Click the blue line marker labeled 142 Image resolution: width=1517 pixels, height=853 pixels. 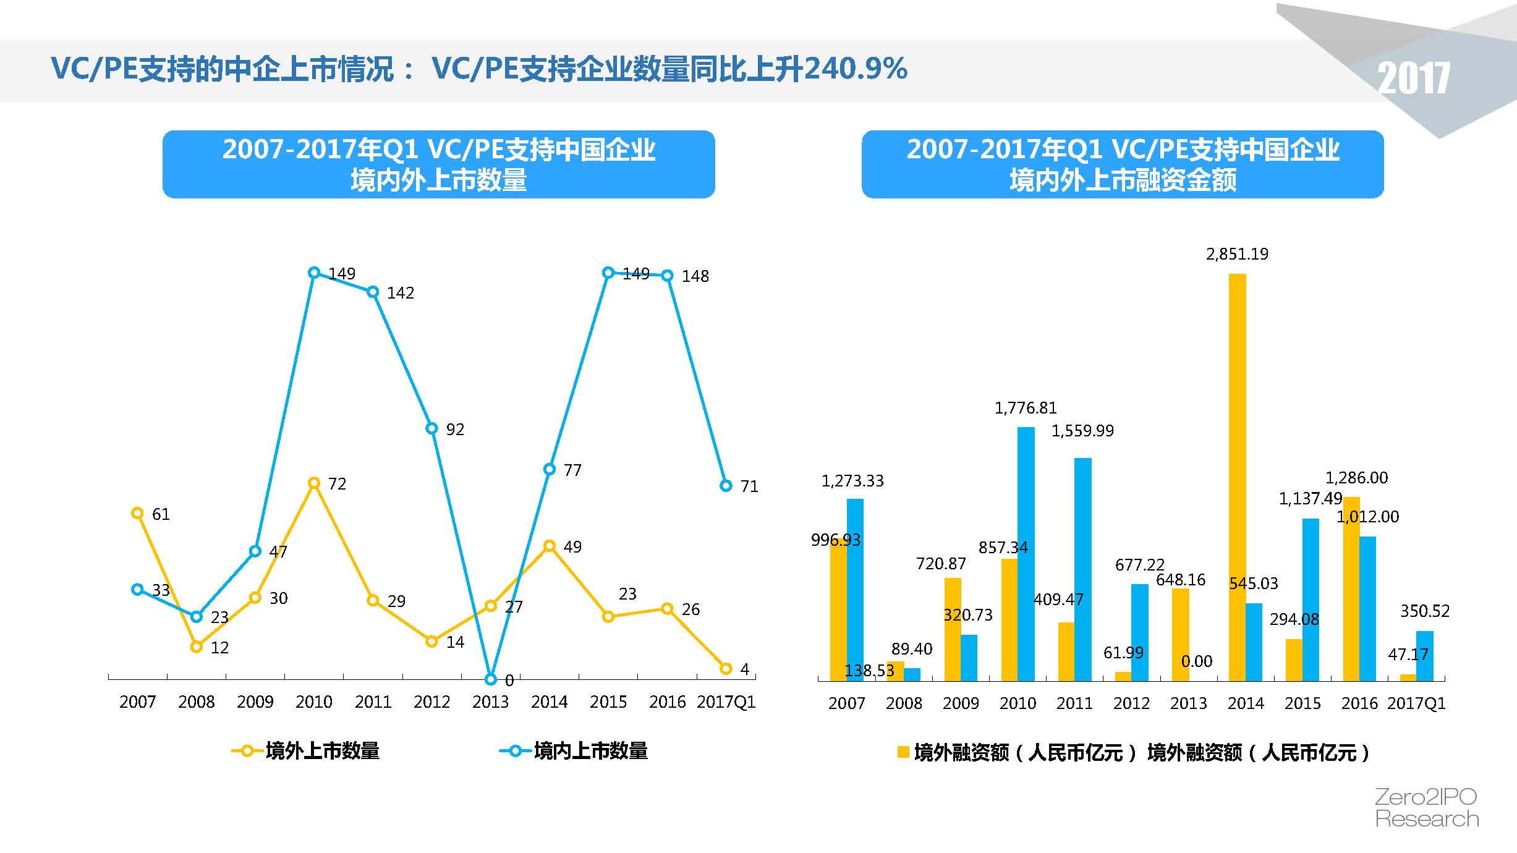tap(373, 292)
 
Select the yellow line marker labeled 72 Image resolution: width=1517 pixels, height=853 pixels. tap(314, 483)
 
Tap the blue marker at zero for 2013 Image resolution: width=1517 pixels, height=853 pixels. tap(491, 679)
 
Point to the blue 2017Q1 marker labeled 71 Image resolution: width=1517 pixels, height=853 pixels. tap(726, 486)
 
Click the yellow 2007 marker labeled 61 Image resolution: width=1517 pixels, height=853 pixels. tap(138, 513)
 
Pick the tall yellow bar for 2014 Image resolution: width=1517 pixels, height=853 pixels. tap(1237, 476)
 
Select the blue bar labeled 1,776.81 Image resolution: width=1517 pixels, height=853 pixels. tap(1026, 553)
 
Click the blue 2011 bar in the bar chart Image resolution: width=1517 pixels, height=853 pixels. tap(1082, 569)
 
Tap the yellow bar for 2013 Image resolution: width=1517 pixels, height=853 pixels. tap(1180, 634)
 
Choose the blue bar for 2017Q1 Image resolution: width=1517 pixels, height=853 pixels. tap(1424, 655)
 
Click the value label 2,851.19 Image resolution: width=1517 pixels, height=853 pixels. tap(1237, 254)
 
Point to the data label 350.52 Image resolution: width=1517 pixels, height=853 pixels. tap(1424, 611)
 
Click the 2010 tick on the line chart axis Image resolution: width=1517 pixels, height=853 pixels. tap(314, 702)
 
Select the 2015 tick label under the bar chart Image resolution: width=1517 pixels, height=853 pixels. tap(1302, 703)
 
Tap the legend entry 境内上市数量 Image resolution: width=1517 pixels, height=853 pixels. tap(590, 751)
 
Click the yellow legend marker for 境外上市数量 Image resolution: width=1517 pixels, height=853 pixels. tap(247, 751)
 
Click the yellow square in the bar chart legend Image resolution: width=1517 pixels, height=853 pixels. tap(903, 752)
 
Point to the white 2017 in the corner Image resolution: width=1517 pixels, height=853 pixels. tap(1413, 79)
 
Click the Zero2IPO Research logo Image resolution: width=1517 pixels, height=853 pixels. tap(1427, 807)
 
